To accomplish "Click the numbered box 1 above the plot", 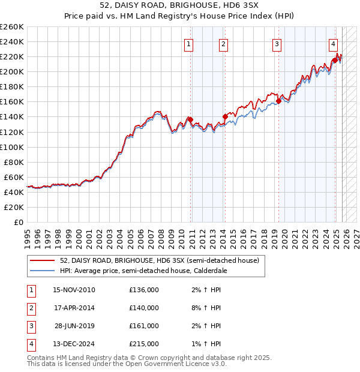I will coord(189,43).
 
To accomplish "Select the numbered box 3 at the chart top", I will coord(277,43).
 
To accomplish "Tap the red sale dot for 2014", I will coord(225,116).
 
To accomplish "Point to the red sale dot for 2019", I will coord(279,101).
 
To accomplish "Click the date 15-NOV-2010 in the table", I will coord(74,290).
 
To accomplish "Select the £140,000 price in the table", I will coord(144,308).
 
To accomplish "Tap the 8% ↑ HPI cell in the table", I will coord(206,308).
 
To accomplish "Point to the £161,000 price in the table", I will coord(144,326).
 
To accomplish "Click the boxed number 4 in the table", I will coord(31,344).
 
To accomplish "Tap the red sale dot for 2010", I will coord(190,119).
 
